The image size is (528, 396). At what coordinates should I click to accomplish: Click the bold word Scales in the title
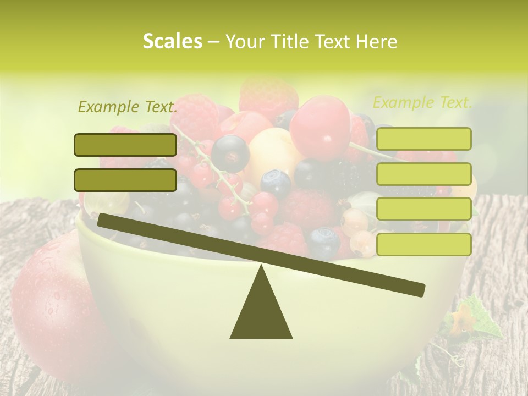tap(172, 41)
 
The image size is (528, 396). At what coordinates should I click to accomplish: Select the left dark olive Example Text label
tap(128, 107)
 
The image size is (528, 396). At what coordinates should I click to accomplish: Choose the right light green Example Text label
tap(422, 102)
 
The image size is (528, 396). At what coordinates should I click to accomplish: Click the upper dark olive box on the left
tap(125, 145)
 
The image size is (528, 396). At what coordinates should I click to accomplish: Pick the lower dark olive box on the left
tap(125, 180)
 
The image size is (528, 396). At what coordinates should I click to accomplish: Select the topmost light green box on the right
tap(424, 139)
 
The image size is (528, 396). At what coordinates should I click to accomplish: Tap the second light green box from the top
tap(424, 174)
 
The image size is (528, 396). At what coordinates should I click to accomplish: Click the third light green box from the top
tap(424, 209)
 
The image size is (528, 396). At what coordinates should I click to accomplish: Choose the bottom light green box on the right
tap(424, 244)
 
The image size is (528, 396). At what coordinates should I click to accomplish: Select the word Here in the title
tap(377, 42)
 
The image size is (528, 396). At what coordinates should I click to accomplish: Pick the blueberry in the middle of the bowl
tap(276, 184)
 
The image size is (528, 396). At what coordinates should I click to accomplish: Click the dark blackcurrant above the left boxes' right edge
tap(230, 152)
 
